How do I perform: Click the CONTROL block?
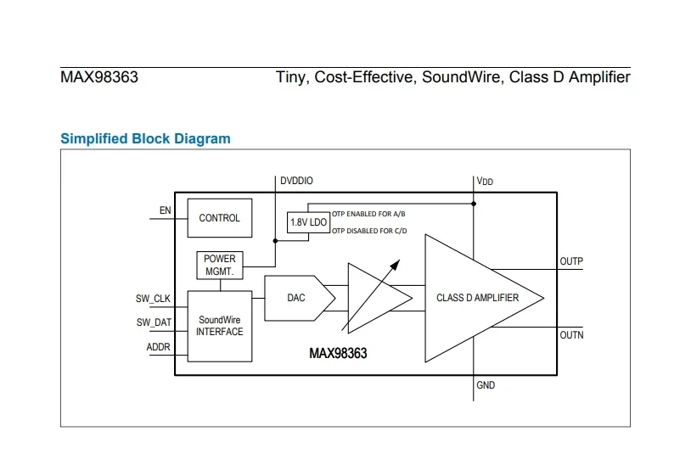tap(219, 218)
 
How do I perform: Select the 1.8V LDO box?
tap(307, 222)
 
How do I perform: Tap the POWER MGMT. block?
tap(219, 265)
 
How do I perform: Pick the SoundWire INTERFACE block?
tap(219, 326)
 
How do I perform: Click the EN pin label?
tap(165, 210)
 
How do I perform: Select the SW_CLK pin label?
tap(154, 299)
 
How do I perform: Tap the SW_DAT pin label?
tap(154, 322)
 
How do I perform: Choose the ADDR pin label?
tap(159, 347)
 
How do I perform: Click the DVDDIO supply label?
tap(296, 181)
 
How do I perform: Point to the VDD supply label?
tap(485, 182)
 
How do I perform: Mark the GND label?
tap(486, 386)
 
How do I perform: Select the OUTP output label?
tap(571, 261)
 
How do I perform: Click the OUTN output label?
tap(571, 335)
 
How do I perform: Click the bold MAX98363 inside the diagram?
tap(338, 353)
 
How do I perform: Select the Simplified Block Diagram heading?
tap(145, 138)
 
